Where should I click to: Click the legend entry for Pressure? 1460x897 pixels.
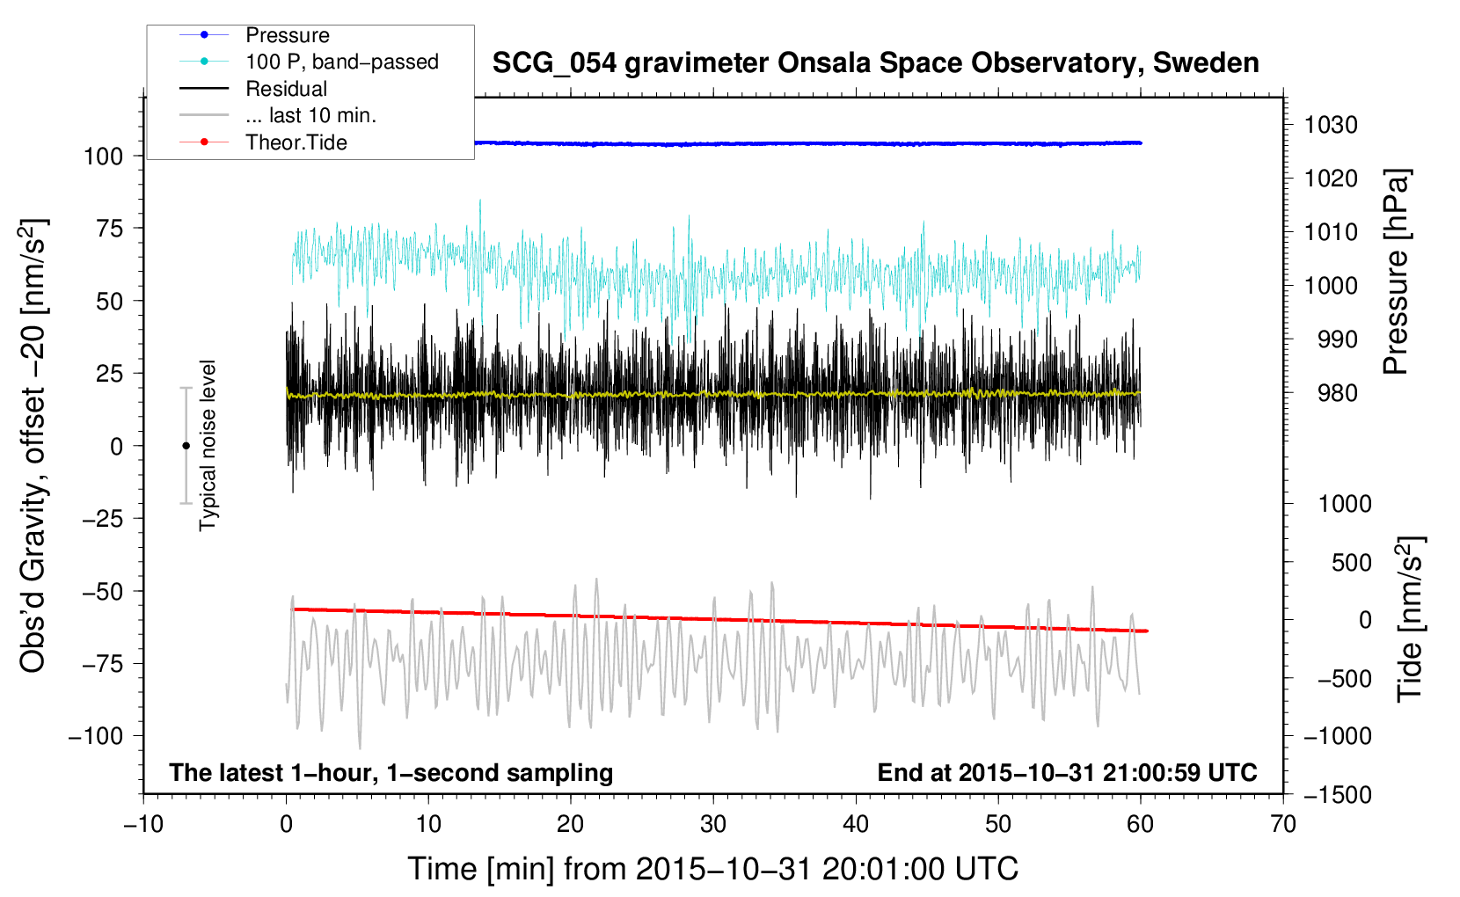[x=287, y=35]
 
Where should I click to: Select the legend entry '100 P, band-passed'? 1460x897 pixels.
[x=341, y=62]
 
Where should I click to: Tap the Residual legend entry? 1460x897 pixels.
[x=286, y=89]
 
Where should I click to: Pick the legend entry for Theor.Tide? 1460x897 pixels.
[x=296, y=142]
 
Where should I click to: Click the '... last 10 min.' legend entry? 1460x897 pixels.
[x=310, y=116]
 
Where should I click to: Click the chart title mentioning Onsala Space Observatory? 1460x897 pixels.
[x=875, y=63]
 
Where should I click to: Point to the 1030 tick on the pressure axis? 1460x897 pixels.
[x=1331, y=125]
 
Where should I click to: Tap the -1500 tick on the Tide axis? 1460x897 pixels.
[x=1337, y=794]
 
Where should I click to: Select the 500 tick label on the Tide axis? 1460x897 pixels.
[x=1351, y=562]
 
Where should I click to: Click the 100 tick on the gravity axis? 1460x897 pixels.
[x=103, y=157]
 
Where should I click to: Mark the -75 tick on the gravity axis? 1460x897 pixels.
[x=102, y=664]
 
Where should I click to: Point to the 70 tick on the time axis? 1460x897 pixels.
[x=1283, y=824]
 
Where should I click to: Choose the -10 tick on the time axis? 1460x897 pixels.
[x=143, y=824]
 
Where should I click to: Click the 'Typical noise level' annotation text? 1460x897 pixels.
[x=208, y=446]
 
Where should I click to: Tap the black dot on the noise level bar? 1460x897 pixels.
[x=186, y=446]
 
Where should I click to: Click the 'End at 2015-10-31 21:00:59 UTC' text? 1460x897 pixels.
[x=1067, y=773]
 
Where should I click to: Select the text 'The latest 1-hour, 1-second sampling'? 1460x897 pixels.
[x=391, y=773]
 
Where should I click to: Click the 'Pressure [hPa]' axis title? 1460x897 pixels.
[x=1396, y=273]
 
